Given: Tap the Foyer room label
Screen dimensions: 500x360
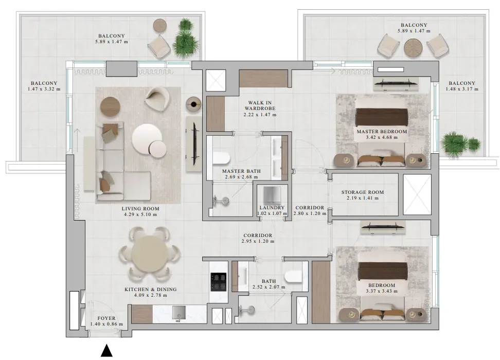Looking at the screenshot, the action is [x=106, y=318].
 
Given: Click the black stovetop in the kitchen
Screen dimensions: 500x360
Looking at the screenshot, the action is [x=219, y=281].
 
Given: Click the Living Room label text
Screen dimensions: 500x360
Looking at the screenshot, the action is [x=140, y=208].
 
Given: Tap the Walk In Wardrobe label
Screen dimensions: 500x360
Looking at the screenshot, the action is [x=260, y=105].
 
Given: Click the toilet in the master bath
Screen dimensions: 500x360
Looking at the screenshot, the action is [x=221, y=158].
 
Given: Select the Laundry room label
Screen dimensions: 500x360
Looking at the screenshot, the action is [x=272, y=207].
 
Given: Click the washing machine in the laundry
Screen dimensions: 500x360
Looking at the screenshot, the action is [x=272, y=194].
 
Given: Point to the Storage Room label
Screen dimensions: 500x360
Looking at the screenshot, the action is [x=363, y=192].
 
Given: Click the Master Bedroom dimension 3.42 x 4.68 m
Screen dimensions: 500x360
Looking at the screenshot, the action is [x=381, y=137].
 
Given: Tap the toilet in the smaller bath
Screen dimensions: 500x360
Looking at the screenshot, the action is [x=293, y=276].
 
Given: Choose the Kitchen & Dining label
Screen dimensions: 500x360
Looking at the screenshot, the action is [x=151, y=290].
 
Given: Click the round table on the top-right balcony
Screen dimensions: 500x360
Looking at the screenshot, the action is [x=413, y=48].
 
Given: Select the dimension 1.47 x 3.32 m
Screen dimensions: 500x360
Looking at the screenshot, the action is [x=44, y=89].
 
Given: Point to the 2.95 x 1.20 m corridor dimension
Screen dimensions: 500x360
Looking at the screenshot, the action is [x=258, y=241].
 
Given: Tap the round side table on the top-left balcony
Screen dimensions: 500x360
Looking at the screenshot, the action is [x=160, y=26].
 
